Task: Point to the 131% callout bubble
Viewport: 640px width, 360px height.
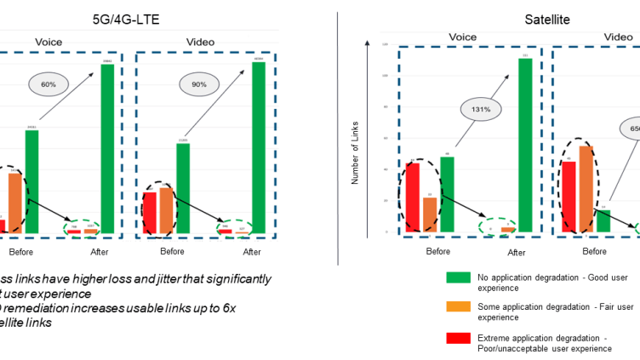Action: coord(483,109)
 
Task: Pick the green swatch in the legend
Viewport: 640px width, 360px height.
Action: coord(457,277)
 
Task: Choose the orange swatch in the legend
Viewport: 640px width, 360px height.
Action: coord(457,306)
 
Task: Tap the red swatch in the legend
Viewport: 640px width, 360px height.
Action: coord(457,338)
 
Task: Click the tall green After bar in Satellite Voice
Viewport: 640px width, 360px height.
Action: coord(525,145)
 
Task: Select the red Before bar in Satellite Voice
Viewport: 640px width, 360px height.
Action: coord(413,197)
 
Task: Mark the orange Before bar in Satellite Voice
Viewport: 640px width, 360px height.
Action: coord(430,214)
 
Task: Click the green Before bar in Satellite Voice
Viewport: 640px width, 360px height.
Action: coord(447,194)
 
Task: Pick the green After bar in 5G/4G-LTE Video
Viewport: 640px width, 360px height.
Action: coord(259,147)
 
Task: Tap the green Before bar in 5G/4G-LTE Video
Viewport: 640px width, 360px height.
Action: coord(183,188)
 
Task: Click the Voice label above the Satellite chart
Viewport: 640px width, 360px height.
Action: coord(462,37)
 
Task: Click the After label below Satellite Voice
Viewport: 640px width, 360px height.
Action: coord(517,252)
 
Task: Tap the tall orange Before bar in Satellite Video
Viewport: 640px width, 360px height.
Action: coord(586,189)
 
